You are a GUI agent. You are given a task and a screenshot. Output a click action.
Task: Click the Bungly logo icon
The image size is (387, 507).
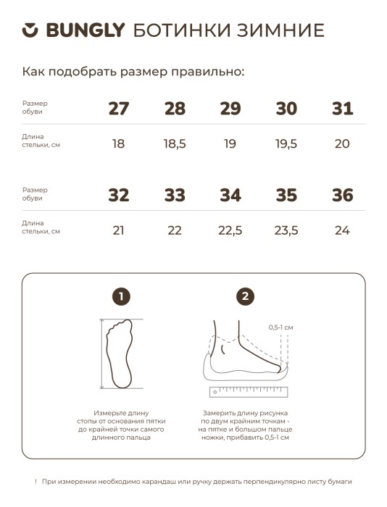[x=30, y=30]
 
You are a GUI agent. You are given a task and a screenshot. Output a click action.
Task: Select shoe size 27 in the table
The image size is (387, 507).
[x=118, y=109]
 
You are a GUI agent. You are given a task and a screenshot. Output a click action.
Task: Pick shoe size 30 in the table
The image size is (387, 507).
[x=286, y=109]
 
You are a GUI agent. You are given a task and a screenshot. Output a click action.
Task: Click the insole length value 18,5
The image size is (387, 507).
[x=175, y=143]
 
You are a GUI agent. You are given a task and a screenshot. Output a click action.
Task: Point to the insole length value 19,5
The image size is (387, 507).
[x=286, y=143]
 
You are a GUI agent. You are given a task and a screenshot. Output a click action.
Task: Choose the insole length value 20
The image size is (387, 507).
[x=342, y=143]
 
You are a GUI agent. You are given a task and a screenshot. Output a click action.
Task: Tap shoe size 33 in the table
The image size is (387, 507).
[x=175, y=196]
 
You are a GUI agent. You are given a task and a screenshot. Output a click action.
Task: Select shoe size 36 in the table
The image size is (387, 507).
[x=342, y=196]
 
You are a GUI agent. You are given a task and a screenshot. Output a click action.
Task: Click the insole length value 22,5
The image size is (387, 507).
[x=230, y=230]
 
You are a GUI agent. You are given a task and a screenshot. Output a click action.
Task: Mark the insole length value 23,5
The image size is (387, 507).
[x=286, y=230]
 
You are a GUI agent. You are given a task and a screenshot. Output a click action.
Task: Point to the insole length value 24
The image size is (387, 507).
[x=342, y=230]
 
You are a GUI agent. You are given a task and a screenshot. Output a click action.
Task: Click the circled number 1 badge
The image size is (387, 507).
[x=122, y=296]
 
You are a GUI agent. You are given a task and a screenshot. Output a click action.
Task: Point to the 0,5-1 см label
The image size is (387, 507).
[x=280, y=327]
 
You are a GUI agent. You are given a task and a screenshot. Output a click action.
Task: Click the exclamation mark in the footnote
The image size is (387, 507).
[x=36, y=481]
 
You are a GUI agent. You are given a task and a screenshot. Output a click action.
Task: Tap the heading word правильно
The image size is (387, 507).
[x=206, y=72]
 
